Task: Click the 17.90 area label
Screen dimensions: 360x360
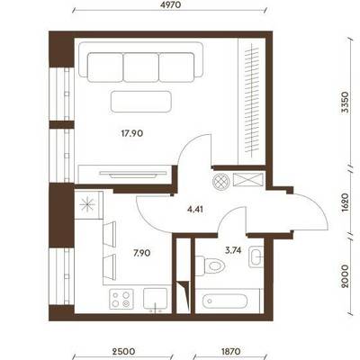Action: [x=132, y=133]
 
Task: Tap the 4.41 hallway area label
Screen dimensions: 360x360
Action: [x=195, y=209]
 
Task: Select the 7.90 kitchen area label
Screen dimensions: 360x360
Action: [x=142, y=253]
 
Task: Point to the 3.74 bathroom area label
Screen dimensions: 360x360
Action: [x=233, y=250]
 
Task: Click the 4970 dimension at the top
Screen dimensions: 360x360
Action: [x=169, y=4]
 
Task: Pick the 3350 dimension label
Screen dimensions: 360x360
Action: [x=346, y=102]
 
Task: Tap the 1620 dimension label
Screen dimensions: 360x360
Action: [x=346, y=202]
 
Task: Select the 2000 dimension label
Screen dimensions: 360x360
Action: [x=346, y=276]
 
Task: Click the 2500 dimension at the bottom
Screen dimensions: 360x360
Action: [x=123, y=351]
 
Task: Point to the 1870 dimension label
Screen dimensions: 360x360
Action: [x=230, y=351]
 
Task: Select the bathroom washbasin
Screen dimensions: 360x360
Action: [x=256, y=257]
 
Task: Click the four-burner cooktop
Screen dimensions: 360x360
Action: [x=121, y=299]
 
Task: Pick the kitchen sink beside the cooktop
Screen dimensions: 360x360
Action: [x=155, y=299]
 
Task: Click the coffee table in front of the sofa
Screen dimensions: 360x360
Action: [x=141, y=102]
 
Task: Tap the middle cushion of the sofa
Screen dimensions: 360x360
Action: [x=141, y=67]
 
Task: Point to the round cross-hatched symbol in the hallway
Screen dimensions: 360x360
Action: [x=220, y=181]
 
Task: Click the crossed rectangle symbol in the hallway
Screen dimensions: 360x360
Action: [x=247, y=180]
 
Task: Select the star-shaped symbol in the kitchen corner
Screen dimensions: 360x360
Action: [x=87, y=204]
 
